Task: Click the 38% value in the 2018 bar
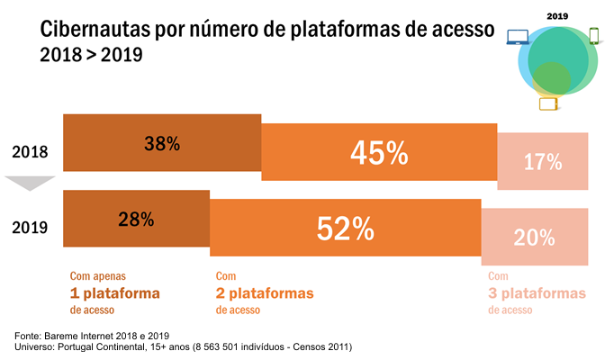coord(162,142)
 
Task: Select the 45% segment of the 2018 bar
coord(379,153)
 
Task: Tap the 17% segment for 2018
coord(543,162)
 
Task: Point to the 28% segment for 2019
coord(136,219)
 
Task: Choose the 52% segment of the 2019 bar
coord(345,229)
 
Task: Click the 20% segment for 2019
coord(535,238)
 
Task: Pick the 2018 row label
coord(30,152)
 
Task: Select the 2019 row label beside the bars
coord(30,228)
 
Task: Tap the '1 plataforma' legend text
coord(114,293)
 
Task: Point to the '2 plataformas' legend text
coord(265,293)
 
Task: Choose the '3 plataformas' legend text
coord(537,293)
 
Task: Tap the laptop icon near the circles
coord(518,38)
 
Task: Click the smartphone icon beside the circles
coord(594,36)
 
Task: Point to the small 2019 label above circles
coord(557,15)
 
